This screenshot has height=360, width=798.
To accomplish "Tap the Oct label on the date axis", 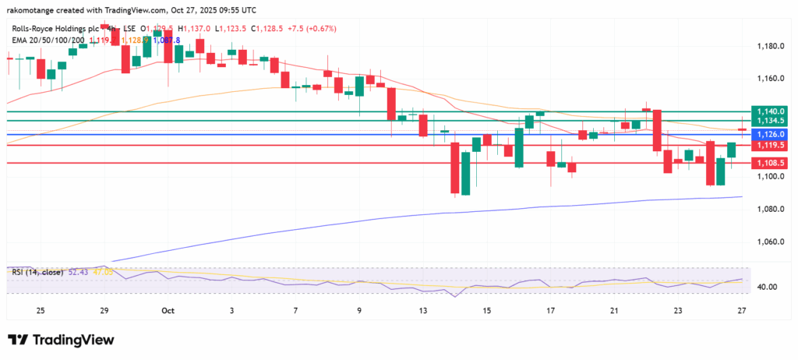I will click(168, 310).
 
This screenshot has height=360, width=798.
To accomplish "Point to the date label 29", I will click(104, 310).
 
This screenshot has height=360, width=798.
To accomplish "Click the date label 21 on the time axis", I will click(615, 310).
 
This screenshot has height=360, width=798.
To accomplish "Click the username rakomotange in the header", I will click(34, 9).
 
